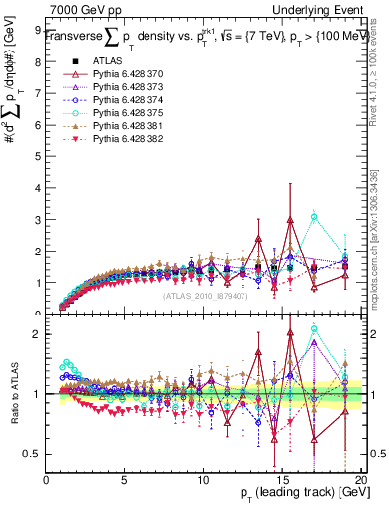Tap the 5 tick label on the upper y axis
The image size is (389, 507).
[x=37, y=156]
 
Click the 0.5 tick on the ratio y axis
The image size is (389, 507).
[x=32, y=454]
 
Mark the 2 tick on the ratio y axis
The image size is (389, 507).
[x=37, y=334]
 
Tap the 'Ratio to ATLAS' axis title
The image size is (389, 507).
[x=13, y=395]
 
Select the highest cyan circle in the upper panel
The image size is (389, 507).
[x=314, y=216]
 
